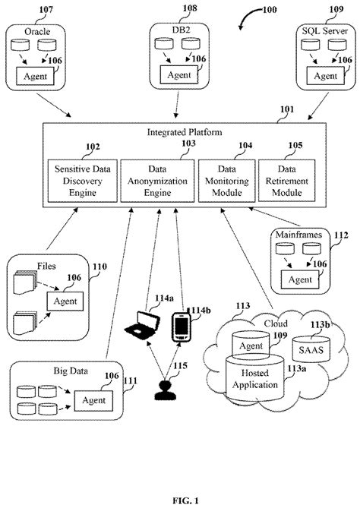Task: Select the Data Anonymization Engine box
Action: pos(158,179)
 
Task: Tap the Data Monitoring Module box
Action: pos(226,179)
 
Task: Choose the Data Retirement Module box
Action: pos(286,179)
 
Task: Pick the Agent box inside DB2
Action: pos(179,76)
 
